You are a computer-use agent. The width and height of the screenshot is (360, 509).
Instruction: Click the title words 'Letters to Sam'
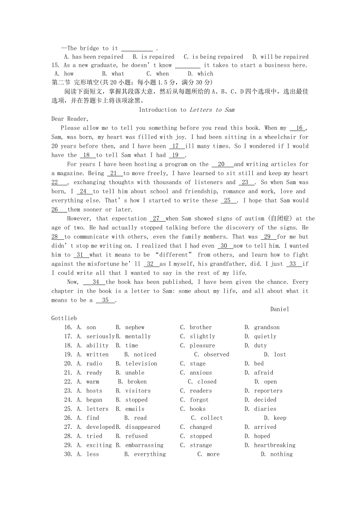click(212, 110)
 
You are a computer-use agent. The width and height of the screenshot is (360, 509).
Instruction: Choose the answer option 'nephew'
click(135, 327)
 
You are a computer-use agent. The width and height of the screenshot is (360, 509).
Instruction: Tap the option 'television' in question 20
click(141, 364)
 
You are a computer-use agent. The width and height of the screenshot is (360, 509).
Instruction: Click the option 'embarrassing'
click(144, 445)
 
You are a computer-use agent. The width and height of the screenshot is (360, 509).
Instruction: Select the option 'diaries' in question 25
click(265, 409)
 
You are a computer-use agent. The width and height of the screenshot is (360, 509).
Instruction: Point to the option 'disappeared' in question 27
click(142, 427)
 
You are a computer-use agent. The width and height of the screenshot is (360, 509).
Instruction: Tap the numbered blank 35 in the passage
click(105, 300)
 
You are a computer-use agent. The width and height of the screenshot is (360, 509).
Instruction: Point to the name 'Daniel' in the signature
click(280, 309)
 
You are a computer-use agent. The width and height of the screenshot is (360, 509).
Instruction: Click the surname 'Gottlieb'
click(64, 318)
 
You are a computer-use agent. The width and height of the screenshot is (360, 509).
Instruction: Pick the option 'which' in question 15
click(205, 73)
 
